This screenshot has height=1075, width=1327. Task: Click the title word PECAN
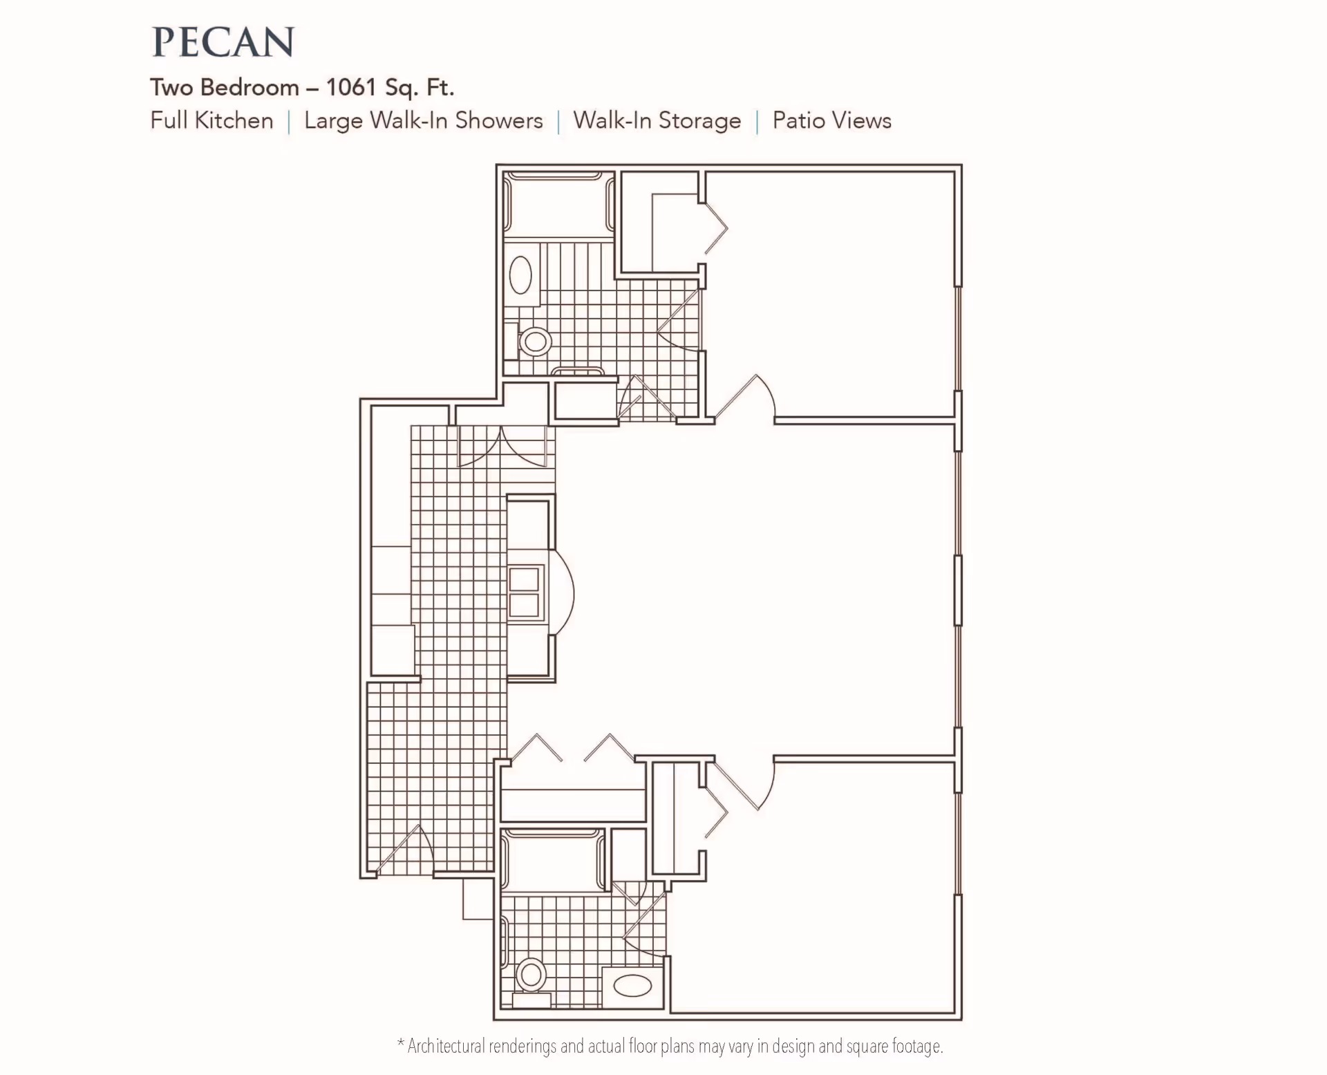pyautogui.click(x=223, y=42)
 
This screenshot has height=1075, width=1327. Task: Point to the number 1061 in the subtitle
pyautogui.click(x=351, y=87)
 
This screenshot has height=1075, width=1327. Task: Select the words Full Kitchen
pyautogui.click(x=211, y=120)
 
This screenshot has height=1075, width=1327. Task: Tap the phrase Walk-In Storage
pyautogui.click(x=657, y=120)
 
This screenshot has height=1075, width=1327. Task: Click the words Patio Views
pyautogui.click(x=832, y=120)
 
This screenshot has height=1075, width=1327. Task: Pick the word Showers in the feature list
pyautogui.click(x=499, y=120)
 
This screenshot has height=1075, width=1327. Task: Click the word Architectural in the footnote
pyautogui.click(x=446, y=1046)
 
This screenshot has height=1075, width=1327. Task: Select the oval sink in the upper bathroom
pyautogui.click(x=521, y=275)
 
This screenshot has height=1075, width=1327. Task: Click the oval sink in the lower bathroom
pyautogui.click(x=632, y=985)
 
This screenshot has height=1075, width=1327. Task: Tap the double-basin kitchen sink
pyautogui.click(x=524, y=592)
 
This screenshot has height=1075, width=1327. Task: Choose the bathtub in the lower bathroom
pyautogui.click(x=553, y=860)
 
